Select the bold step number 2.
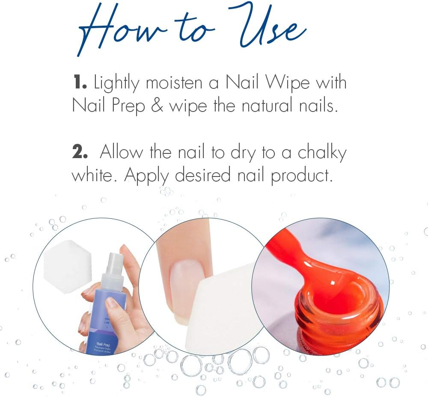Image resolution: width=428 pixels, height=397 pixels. pos(80,153)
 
